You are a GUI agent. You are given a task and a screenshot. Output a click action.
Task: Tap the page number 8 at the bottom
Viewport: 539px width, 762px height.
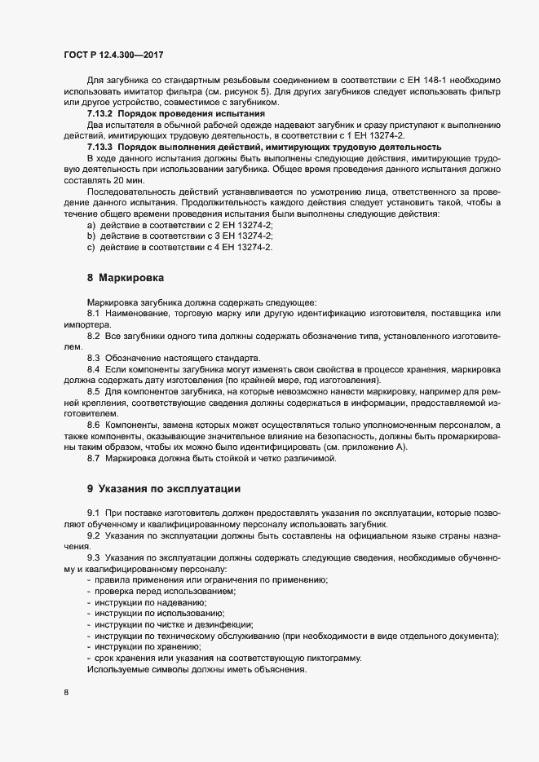pyautogui.click(x=65, y=693)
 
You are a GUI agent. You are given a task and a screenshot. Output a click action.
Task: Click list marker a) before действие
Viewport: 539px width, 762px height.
pyautogui.click(x=91, y=224)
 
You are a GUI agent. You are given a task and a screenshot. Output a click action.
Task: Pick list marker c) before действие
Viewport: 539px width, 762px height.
pyautogui.click(x=91, y=246)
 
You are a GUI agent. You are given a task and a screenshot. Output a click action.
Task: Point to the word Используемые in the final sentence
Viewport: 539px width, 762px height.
pyautogui.click(x=116, y=669)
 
